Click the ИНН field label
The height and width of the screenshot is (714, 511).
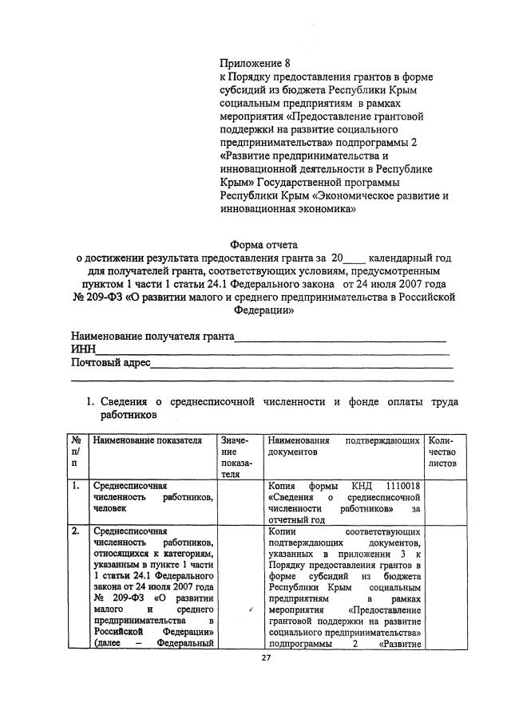tap(83, 349)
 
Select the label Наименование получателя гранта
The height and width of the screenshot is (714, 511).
tap(153, 336)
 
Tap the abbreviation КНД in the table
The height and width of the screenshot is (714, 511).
tap(361, 485)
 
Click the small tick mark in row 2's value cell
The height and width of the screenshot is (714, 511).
tap(251, 610)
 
